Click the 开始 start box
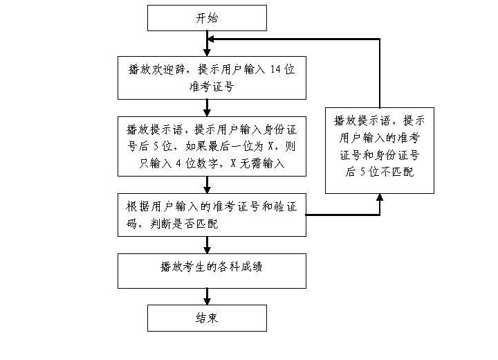click(207, 18)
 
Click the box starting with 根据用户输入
click(211, 215)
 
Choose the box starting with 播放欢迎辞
click(211, 78)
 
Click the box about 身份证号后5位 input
click(211, 147)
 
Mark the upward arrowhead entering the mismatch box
click(379, 198)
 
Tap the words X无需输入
click(257, 164)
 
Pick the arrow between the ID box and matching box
click(207, 184)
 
